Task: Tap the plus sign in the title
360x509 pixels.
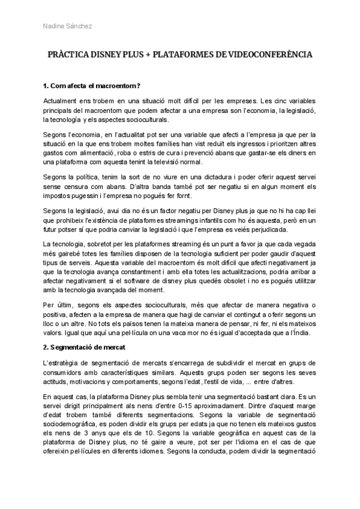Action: click(x=148, y=54)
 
